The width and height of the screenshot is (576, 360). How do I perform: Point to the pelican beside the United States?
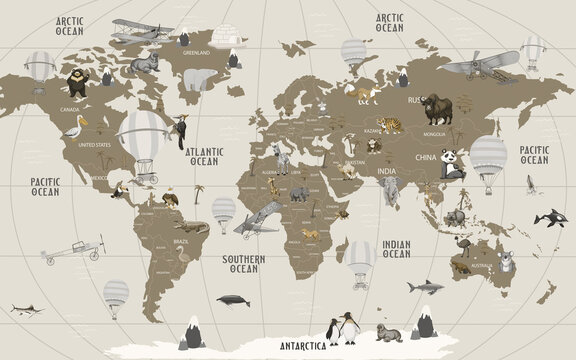74,128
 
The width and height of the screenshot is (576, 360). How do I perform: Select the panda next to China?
452,164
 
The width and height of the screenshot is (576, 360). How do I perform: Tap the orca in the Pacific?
546,217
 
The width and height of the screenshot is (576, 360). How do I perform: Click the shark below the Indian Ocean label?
423,287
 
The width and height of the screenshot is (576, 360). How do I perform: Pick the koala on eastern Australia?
508,263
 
